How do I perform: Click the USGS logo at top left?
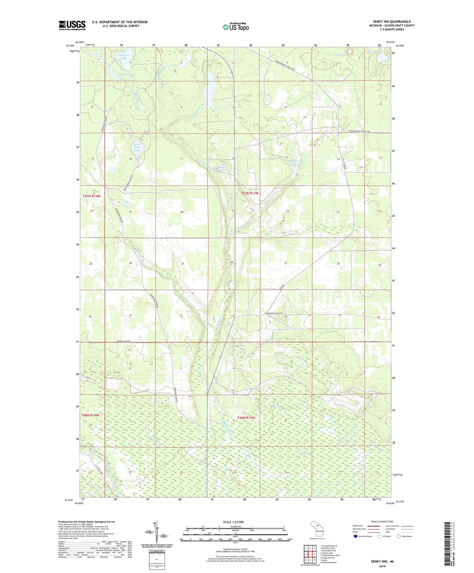72,25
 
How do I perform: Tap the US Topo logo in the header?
235,27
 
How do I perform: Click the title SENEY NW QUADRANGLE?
392,21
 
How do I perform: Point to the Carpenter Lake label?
124,57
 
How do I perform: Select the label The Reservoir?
126,75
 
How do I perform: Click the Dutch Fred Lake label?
137,147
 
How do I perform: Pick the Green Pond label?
341,55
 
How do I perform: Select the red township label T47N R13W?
250,193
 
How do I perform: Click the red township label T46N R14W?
90,415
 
